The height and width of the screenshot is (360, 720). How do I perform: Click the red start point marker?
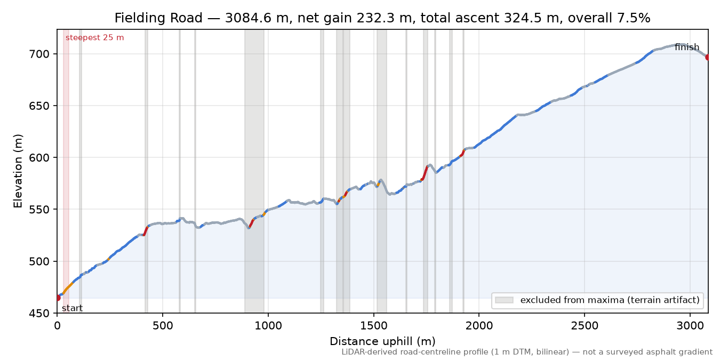(x=58, y=298)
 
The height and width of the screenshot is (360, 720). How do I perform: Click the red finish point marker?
(x=708, y=57)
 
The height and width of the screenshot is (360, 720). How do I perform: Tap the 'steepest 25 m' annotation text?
(x=94, y=38)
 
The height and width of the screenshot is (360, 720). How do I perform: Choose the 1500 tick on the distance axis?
(x=373, y=326)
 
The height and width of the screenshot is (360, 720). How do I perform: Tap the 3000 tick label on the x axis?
(x=690, y=326)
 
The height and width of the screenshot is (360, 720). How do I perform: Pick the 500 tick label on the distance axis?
(x=163, y=326)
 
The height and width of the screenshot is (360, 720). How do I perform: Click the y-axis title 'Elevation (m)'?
(x=18, y=171)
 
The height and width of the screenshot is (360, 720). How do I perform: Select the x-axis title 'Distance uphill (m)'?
(x=382, y=341)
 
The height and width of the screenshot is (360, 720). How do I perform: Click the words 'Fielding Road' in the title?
(x=158, y=18)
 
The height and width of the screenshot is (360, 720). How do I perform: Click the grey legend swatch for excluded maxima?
(x=504, y=300)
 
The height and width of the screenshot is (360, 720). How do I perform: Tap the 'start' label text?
(x=73, y=308)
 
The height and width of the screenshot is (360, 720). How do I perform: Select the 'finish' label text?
(x=687, y=47)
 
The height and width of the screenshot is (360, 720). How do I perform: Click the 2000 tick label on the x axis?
(x=479, y=326)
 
